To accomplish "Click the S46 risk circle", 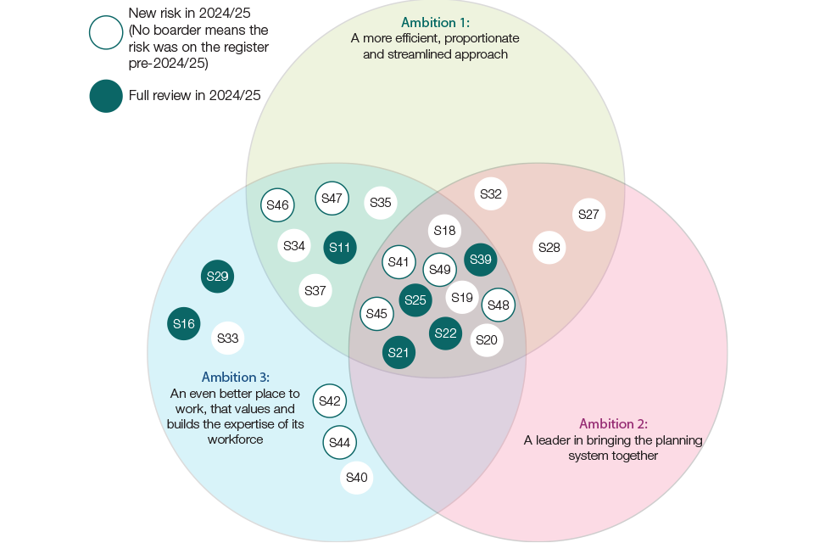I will [278, 204].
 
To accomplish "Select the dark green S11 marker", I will [340, 248].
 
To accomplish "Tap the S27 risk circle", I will [589, 215].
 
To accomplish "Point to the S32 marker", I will [491, 194].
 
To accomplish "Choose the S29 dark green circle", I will [218, 277].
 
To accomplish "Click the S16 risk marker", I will [184, 323].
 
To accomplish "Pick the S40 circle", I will [357, 478].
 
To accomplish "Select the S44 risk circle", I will [340, 442].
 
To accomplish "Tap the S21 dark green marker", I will [399, 352].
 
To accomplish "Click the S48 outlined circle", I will [499, 305].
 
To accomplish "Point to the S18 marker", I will [444, 230].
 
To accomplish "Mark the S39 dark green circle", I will [481, 260].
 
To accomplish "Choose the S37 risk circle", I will [315, 291].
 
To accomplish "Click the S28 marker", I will [549, 248].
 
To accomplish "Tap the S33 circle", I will [227, 338].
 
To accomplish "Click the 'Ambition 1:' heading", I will [435, 22].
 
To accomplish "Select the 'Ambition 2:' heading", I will [613, 423].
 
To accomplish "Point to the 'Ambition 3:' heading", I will [236, 377].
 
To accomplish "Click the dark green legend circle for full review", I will [106, 95].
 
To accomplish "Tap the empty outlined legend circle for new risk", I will [106, 33].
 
